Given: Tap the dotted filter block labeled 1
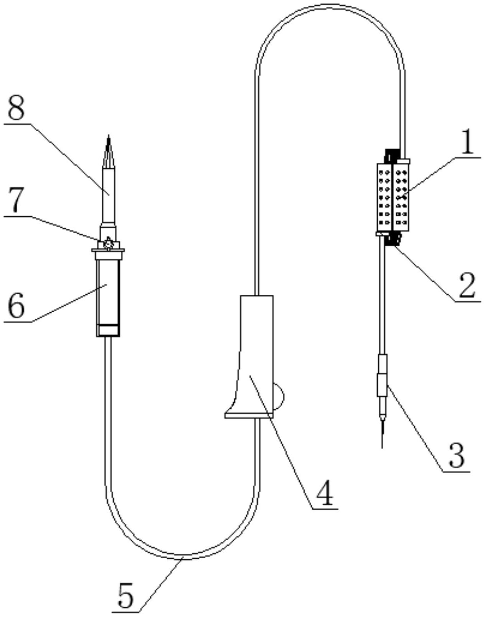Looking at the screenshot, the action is (x=393, y=197).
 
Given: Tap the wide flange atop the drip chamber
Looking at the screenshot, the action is (x=108, y=250).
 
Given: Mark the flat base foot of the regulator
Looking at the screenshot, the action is (x=249, y=416).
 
